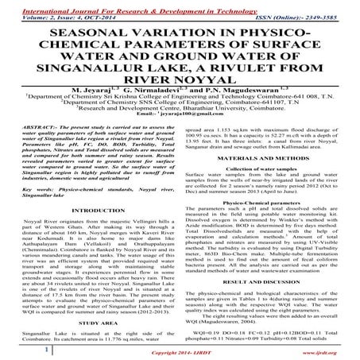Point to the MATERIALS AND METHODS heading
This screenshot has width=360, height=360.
(x=270, y=159)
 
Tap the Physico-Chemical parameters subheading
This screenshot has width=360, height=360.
(x=269, y=208)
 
